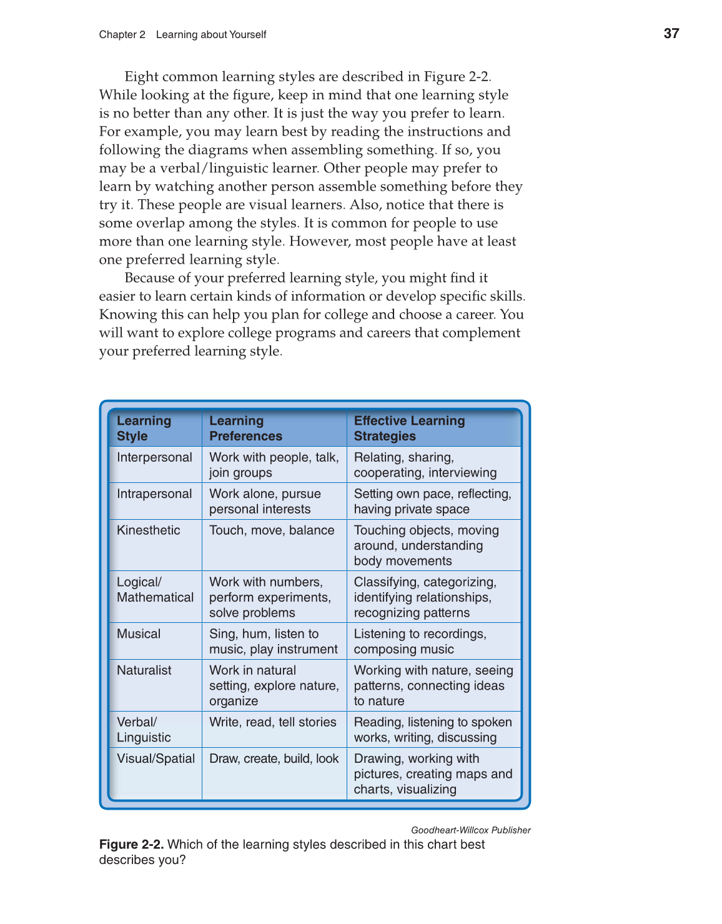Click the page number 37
point(671,34)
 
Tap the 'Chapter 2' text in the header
point(122,35)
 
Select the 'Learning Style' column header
point(144,429)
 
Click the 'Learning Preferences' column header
point(245,429)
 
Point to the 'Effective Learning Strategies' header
point(409,429)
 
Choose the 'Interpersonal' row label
point(154,457)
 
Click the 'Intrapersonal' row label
point(154,494)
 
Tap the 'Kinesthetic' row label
point(148,530)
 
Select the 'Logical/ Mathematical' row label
point(155,590)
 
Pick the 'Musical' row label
point(139,634)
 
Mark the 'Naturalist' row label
point(144,670)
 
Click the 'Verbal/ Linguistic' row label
point(144,730)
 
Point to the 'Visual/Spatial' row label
point(156,758)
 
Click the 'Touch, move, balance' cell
point(272,530)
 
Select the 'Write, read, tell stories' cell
point(272,722)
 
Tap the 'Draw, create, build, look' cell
point(274,758)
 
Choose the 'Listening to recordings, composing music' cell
point(420,642)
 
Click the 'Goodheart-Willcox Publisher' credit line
point(470,830)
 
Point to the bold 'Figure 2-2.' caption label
point(131,845)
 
